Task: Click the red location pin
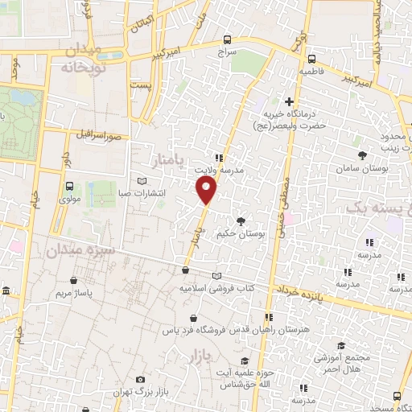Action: click(207, 190)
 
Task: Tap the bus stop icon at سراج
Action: click(227, 39)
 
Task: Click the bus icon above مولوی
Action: click(67, 186)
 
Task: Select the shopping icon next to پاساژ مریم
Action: click(73, 281)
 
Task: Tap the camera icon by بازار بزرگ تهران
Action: click(141, 379)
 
